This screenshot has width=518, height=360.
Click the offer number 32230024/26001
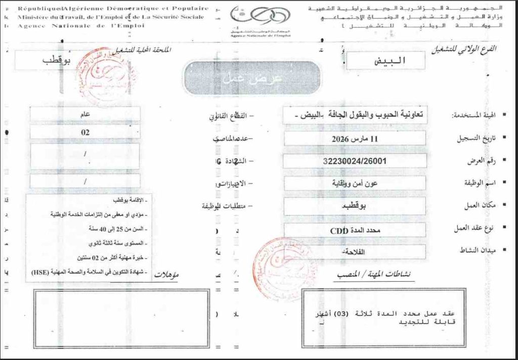(355, 161)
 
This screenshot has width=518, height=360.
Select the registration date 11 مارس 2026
(355, 139)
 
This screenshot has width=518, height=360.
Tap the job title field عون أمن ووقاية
(354, 184)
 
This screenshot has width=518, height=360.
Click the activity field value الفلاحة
(355, 252)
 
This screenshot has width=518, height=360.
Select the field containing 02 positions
(85, 132)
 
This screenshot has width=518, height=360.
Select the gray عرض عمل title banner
(251, 78)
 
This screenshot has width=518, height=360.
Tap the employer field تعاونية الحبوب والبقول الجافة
(354, 115)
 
